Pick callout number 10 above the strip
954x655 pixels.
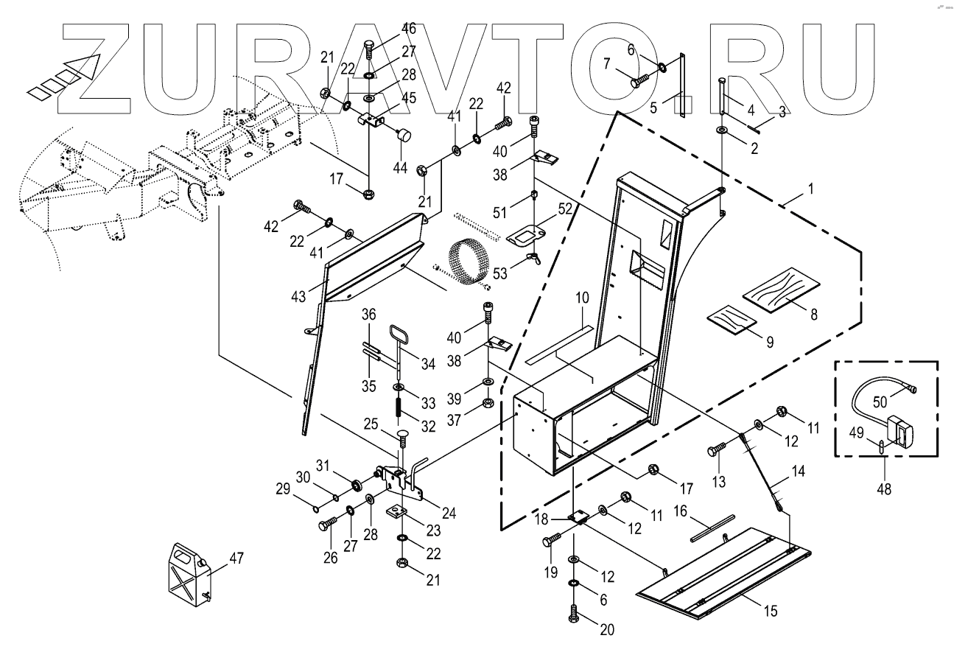click(583, 298)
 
